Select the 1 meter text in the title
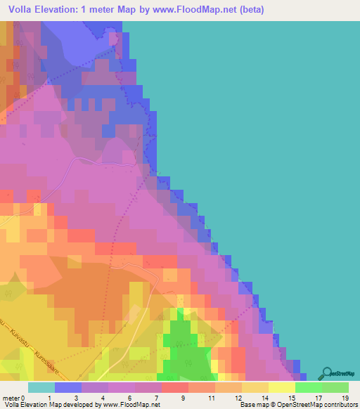click(x=105, y=9)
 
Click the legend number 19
click(x=345, y=397)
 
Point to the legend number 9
click(x=184, y=397)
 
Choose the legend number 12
click(x=237, y=397)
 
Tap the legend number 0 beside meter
click(x=23, y=397)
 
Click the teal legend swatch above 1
click(x=41, y=387)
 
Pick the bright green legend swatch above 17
click(x=309, y=387)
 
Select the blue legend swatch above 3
click(x=68, y=387)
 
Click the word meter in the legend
click(x=11, y=397)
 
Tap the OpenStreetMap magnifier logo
click(x=326, y=373)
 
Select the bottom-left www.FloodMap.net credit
click(x=127, y=405)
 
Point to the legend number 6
click(x=130, y=397)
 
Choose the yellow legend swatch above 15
click(x=282, y=387)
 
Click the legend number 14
click(x=264, y=397)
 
